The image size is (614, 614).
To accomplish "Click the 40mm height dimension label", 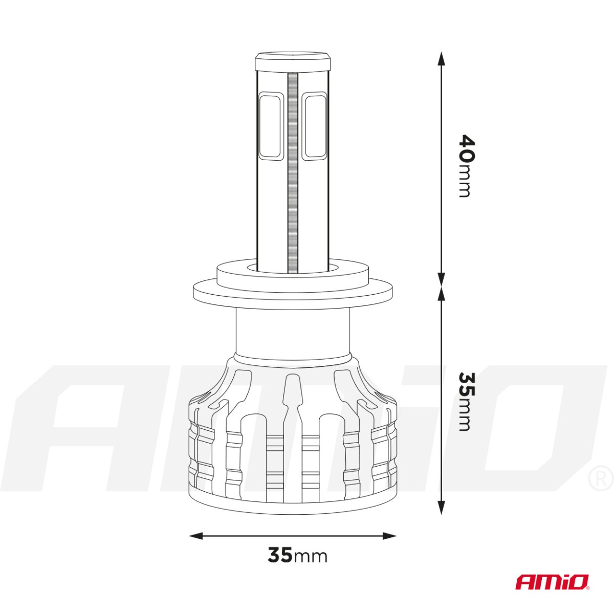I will tap(466, 165).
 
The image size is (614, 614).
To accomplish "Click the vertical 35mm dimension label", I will tap(466, 401).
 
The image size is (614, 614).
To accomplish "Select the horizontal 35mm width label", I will tap(297, 555).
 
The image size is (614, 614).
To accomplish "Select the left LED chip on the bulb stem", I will tap(270, 126).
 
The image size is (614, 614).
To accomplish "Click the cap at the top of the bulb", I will tap(293, 62).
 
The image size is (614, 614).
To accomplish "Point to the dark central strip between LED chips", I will tap(293, 174).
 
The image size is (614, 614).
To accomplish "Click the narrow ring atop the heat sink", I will tap(293, 359).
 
